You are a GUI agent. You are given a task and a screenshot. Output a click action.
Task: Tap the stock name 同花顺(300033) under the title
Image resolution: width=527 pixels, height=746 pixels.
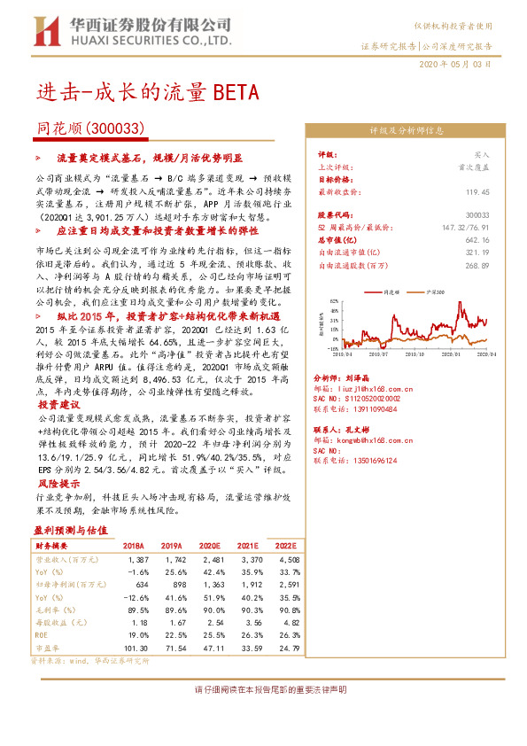(90, 128)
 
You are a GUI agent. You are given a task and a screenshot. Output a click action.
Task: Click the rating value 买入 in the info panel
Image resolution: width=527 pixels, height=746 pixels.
(481, 153)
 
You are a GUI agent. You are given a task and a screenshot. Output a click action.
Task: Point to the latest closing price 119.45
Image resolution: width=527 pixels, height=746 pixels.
(478, 190)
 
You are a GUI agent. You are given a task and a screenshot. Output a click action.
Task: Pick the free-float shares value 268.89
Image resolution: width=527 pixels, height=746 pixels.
(478, 265)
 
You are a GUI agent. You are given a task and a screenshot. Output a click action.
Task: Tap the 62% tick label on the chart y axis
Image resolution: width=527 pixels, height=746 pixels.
(335, 301)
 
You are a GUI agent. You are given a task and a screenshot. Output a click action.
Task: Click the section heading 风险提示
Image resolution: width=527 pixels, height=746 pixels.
(59, 485)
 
